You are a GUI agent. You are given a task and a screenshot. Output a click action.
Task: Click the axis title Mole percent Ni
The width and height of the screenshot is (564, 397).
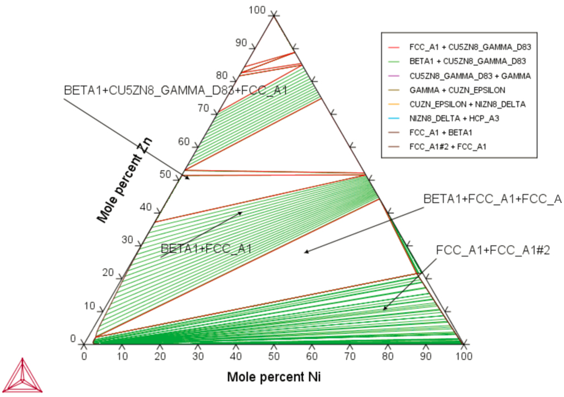[274, 377]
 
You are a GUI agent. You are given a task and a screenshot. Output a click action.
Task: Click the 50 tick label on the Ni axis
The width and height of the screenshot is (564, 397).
[274, 356]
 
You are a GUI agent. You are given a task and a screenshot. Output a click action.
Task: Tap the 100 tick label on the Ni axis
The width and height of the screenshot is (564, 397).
[463, 356]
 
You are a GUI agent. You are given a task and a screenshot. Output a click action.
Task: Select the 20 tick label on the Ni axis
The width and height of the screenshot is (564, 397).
[160, 356]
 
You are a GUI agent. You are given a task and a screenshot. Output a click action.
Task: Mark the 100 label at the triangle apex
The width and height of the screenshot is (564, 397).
[257, 10]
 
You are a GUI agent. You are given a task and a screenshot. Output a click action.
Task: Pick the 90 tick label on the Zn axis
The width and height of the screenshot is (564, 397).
[241, 42]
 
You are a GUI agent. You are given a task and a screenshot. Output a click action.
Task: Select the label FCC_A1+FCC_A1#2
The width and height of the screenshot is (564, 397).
[493, 250]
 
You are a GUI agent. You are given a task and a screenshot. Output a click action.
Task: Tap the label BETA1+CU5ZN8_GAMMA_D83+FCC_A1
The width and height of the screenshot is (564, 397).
[175, 90]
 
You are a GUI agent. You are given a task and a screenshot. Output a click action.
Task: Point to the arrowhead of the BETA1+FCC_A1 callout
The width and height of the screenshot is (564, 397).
[242, 212]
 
